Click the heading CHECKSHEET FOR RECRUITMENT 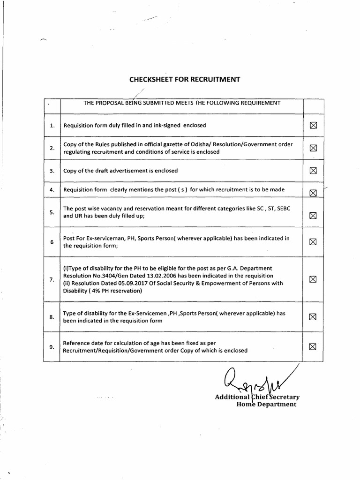[184, 80]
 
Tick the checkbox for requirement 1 [313, 126]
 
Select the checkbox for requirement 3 [313, 171]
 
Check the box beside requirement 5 [313, 216]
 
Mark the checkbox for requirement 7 [313, 279]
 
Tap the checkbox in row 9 [313, 346]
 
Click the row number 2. [52, 148]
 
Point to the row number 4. [52, 190]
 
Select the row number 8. [52, 317]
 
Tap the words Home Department [266, 404]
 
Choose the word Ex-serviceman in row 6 [98, 238]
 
